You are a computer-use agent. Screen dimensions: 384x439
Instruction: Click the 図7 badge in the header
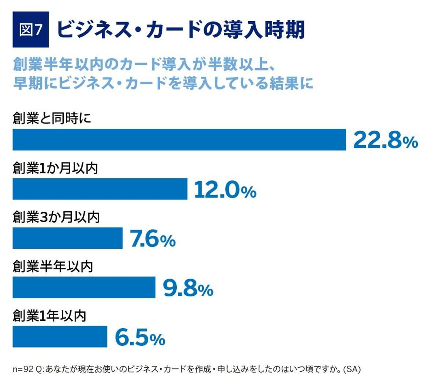[x=31, y=30]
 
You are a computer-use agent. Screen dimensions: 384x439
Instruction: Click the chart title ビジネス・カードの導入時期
[x=181, y=30]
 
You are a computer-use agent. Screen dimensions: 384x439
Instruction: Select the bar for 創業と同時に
[x=179, y=139]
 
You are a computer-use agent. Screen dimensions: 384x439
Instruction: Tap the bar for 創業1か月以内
[x=100, y=189]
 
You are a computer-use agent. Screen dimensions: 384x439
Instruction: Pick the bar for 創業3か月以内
[x=67, y=238]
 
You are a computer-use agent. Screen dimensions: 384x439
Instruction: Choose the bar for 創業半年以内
[x=84, y=287]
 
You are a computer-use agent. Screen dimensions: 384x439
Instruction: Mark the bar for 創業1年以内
[x=60, y=337]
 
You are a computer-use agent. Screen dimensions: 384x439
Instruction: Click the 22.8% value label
[x=385, y=140]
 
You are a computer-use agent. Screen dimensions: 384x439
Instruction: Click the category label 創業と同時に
[x=52, y=119]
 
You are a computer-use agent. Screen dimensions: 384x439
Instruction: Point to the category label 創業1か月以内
[x=55, y=168]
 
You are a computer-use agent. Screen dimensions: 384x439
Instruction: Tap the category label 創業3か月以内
[x=56, y=217]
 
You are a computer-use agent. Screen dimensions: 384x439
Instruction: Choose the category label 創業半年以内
[x=53, y=266]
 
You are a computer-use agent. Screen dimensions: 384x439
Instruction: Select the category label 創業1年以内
[x=49, y=316]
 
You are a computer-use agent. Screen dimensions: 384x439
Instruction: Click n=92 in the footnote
[x=23, y=369]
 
